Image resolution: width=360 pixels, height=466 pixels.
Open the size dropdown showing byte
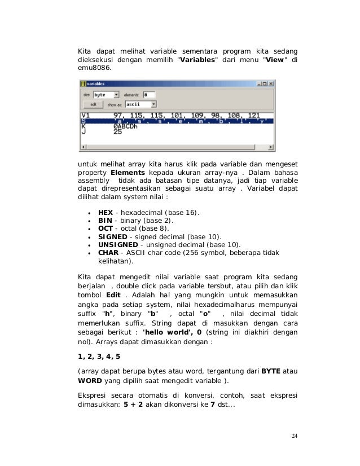pos(106,95)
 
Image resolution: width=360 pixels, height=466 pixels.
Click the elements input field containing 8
pos(149,95)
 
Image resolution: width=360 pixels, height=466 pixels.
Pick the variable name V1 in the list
pos(86,115)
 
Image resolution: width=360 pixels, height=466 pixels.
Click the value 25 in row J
pos(117,133)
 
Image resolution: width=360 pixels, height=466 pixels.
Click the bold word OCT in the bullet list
pos(106,228)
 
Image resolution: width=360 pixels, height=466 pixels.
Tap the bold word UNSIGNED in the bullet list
pos(117,244)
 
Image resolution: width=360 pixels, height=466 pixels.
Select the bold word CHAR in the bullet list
pos(108,253)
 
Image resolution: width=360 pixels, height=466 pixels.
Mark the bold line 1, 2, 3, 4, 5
pos(99,357)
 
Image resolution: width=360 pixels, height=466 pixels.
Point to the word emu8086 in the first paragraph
pos(90,67)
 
